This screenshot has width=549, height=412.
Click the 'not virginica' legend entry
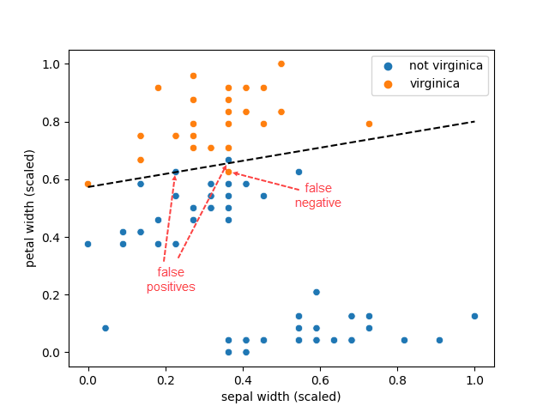point(445,66)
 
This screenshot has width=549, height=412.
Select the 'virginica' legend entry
point(434,83)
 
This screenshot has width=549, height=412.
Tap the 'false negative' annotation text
point(318,196)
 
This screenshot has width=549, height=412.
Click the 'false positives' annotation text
point(171,280)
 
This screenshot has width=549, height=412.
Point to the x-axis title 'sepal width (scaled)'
point(281,397)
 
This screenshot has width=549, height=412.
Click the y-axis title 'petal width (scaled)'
point(30,208)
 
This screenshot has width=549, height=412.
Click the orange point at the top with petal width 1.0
point(281,64)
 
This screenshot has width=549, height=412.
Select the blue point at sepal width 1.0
point(474,316)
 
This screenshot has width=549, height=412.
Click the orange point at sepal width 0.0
point(87,184)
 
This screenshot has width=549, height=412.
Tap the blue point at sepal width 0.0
point(87,244)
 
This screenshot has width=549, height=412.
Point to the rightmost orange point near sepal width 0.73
point(369,124)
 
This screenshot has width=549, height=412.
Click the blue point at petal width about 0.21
point(317,292)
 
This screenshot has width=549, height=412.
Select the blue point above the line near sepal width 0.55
point(299,172)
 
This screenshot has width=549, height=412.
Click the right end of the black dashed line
point(474,121)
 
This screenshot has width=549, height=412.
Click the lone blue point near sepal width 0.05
point(106,328)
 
